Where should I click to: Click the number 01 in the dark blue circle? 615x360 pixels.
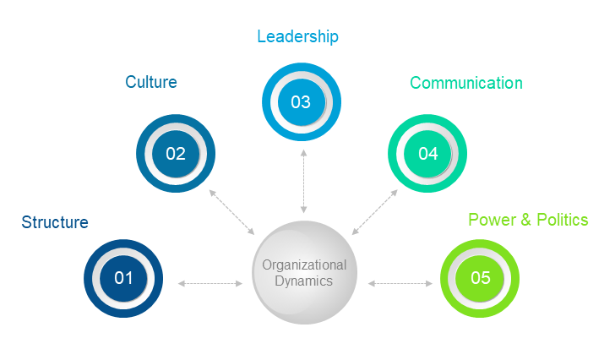[x=123, y=277]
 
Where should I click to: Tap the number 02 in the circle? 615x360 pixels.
[x=176, y=154]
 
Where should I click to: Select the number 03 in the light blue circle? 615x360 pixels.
[x=301, y=102]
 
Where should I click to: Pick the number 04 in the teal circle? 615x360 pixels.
[x=427, y=154]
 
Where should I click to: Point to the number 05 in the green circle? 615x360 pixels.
[x=480, y=277]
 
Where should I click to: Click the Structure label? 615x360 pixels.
[x=55, y=222]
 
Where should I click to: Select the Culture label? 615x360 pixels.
[x=151, y=82]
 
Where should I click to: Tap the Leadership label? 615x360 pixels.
[x=297, y=36]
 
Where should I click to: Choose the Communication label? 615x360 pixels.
[x=466, y=83]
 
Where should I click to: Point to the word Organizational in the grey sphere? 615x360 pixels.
[x=304, y=265]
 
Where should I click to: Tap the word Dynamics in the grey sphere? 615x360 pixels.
[x=304, y=281]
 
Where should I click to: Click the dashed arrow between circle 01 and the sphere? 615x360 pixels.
[x=210, y=284]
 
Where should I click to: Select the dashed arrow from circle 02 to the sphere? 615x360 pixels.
[x=231, y=212]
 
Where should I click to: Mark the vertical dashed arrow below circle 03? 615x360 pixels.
[x=302, y=181]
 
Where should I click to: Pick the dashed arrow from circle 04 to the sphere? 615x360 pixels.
[x=374, y=212]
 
